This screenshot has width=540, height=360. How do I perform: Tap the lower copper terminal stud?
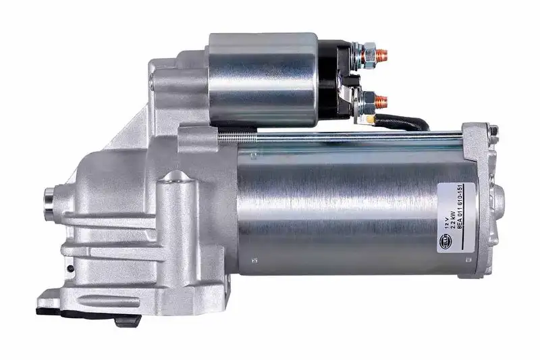[x=381, y=102]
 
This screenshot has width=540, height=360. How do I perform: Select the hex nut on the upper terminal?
[x=369, y=51]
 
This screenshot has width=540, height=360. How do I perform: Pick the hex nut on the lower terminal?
[x=369, y=102]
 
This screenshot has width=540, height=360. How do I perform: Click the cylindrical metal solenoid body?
[x=263, y=79]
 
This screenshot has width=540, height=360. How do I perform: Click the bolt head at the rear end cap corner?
[x=494, y=131]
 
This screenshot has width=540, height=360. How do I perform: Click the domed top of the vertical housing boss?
[x=177, y=177]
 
